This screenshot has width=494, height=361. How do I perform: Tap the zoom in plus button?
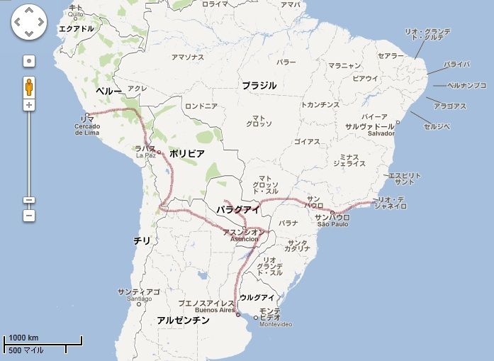pos(29,105)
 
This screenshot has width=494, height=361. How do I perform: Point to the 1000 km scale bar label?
pos(23,338)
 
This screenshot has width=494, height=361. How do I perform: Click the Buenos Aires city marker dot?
pos(238,314)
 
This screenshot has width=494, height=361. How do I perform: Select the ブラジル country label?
pos(259,85)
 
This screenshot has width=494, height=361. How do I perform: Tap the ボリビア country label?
pos(187,153)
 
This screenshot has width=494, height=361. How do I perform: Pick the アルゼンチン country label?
pos(184,321)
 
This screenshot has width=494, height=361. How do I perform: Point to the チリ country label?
pos(142,240)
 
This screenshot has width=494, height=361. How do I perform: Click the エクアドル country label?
pos(76,29)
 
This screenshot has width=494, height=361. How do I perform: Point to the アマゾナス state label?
pos(188,57)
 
